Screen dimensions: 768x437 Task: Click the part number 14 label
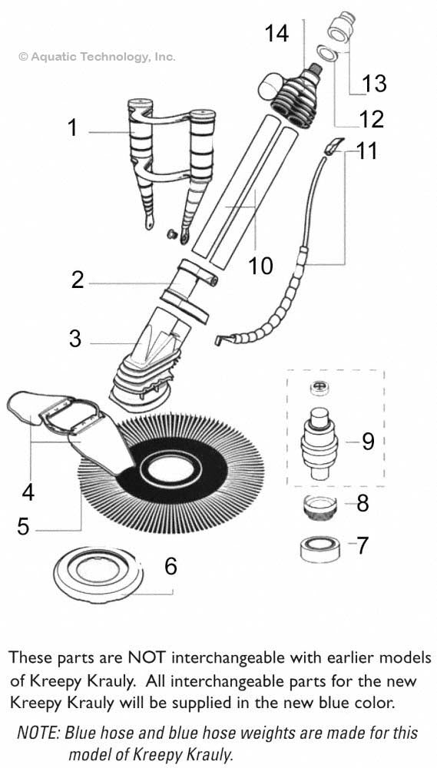pos(278,34)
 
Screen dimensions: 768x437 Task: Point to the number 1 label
pos(73,127)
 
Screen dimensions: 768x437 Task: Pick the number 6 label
pos(170,566)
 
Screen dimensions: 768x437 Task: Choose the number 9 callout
pos(367,442)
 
